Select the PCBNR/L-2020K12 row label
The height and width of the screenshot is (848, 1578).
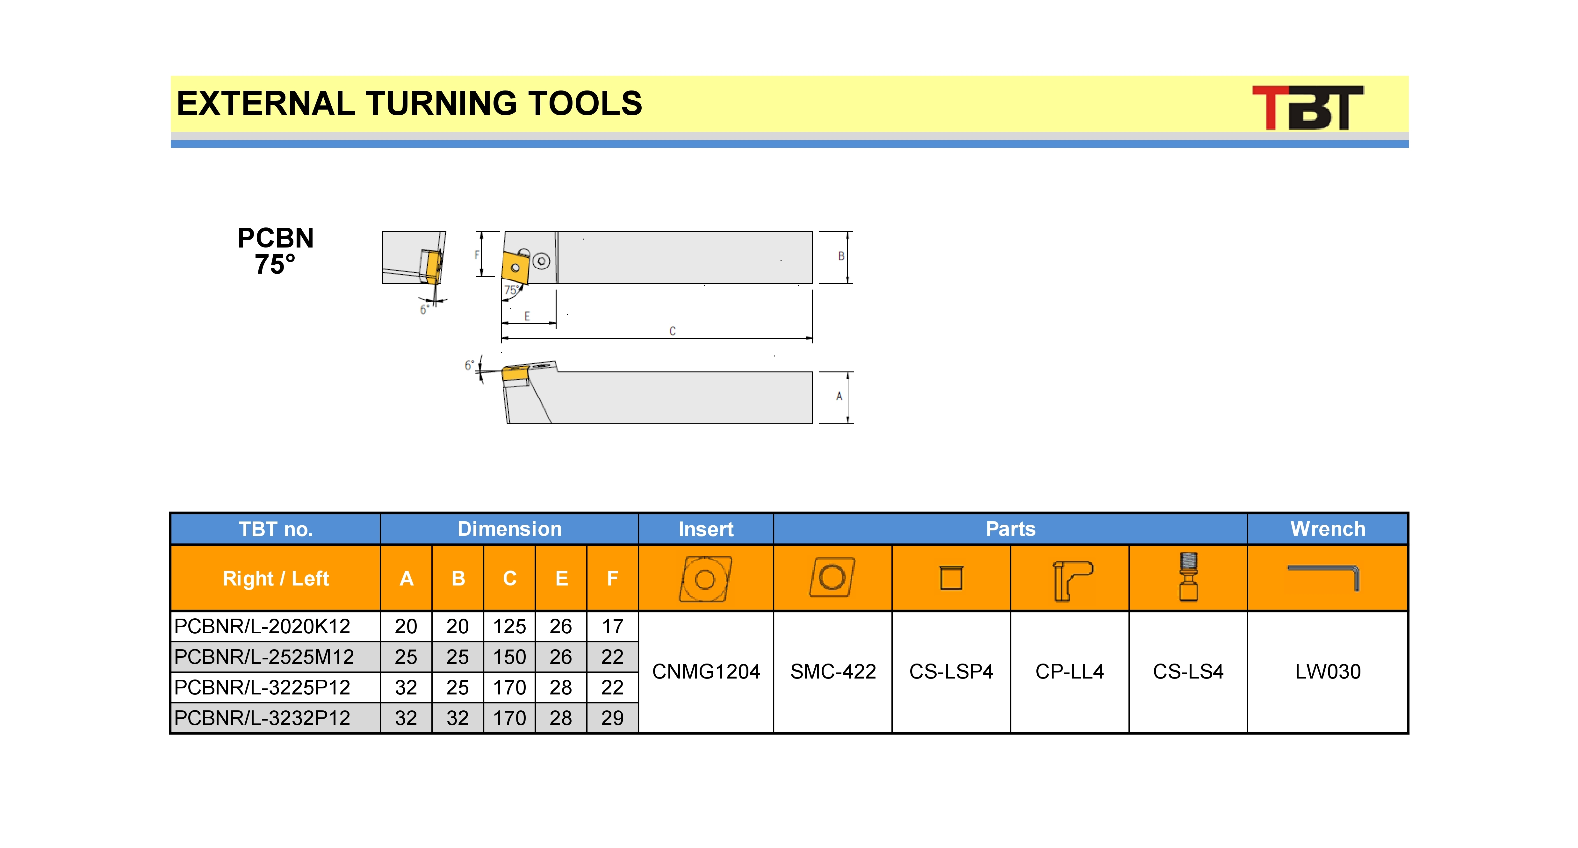262,626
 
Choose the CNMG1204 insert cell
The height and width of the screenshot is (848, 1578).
706,672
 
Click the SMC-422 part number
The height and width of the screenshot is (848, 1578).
832,672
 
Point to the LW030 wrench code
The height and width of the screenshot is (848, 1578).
1328,672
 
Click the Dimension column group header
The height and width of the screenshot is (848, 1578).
509,529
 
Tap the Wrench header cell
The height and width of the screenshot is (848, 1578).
1328,529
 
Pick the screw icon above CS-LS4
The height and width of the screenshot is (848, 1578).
1188,577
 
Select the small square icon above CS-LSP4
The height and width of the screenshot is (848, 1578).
951,578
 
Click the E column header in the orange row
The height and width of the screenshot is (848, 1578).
561,579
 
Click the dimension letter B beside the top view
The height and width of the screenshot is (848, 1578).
841,256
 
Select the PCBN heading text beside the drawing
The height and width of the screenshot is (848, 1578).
276,238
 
